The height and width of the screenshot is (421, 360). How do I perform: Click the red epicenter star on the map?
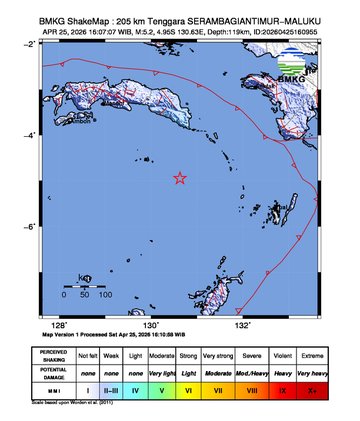point(180,179)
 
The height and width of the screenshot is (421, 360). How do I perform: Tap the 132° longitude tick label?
point(242,325)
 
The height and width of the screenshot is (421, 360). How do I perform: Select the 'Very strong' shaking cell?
point(217,355)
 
